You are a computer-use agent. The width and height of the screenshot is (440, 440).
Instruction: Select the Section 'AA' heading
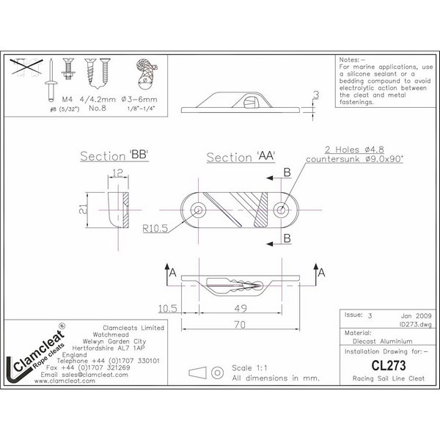point(237,158)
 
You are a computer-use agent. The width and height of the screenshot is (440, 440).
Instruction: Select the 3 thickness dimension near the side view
point(316,95)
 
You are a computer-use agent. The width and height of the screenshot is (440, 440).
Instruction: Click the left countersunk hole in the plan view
point(198,211)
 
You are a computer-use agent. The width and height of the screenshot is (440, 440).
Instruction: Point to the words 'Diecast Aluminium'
point(373,340)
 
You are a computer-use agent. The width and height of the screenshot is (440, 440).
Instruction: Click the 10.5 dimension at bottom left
point(166,307)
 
